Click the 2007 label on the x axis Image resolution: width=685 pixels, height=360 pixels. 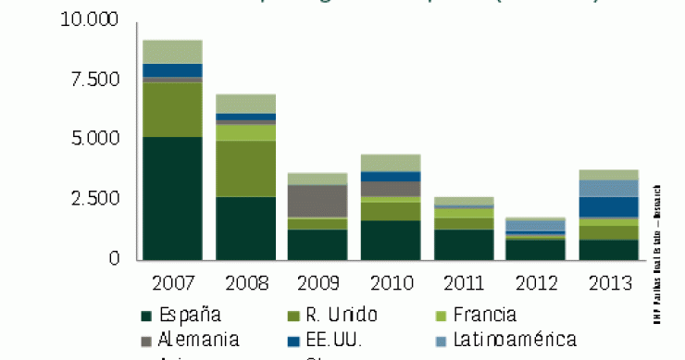coord(173,280)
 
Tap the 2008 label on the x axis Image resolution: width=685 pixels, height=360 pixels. coord(245,280)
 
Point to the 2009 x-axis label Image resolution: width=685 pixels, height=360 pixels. coord(318,280)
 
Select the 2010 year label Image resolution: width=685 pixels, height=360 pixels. coord(390,280)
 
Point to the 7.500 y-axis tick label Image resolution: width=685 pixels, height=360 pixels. coord(95,80)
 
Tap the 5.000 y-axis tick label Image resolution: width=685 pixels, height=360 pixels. coord(95,139)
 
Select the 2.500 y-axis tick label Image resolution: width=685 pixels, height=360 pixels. coord(95,199)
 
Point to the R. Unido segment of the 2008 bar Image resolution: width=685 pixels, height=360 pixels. coord(245,168)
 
